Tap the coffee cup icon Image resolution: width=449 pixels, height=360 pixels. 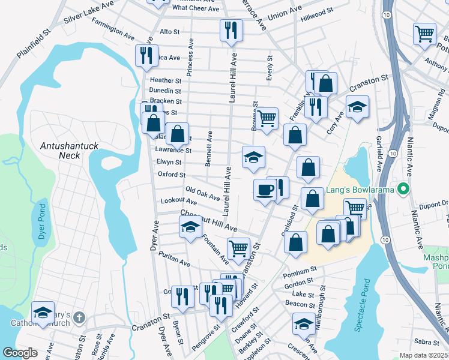pos(264,191)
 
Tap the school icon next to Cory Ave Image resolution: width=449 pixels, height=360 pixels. pos(357,107)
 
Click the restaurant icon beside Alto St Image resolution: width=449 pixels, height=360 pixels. pos(231,31)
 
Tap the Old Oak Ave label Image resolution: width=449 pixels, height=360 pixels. pos(202,194)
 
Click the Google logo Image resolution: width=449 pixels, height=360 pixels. pos(20,353)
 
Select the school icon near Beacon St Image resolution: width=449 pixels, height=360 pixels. pos(303,325)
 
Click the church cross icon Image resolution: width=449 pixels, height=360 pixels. pos(80,316)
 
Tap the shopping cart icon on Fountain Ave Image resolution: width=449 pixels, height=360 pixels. pos(239,248)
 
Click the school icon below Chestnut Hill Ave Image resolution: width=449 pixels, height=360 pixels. pos(190,227)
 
